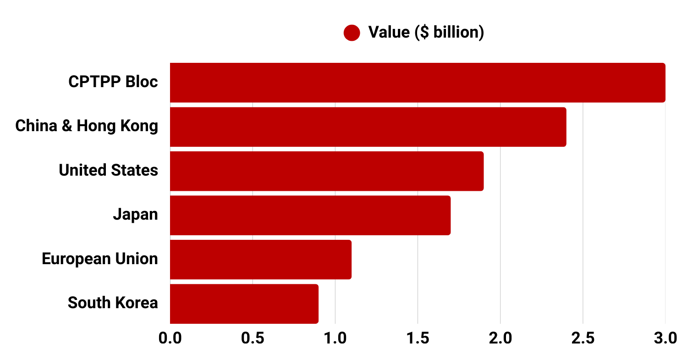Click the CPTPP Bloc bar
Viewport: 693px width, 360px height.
click(417, 83)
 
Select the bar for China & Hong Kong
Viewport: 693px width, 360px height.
click(368, 127)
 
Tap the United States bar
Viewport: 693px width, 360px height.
click(326, 171)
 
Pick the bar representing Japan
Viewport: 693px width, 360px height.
click(310, 215)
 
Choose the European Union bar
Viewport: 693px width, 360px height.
click(260, 259)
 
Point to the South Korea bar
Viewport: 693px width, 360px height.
click(244, 304)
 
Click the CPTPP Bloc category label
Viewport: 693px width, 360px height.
click(113, 82)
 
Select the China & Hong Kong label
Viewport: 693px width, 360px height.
click(87, 126)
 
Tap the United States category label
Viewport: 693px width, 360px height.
click(108, 170)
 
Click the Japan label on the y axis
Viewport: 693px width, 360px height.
click(135, 215)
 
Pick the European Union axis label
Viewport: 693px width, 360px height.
click(100, 259)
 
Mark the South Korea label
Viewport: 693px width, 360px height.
click(113, 303)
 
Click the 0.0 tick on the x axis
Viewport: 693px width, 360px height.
click(170, 338)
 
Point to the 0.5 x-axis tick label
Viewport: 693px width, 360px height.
click(253, 338)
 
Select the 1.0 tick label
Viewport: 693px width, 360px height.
click(335, 338)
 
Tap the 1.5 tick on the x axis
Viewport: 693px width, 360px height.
click(418, 338)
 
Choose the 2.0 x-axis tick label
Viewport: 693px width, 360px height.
click(500, 338)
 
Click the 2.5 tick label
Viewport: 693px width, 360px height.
click(583, 338)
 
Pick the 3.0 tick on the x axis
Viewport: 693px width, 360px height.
click(665, 338)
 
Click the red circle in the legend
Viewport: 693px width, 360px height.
click(352, 33)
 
